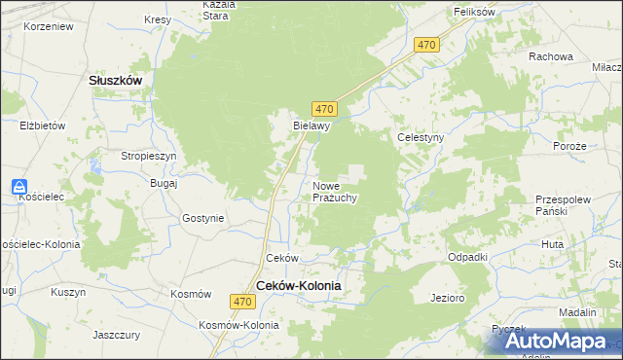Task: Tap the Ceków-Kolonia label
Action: click(x=299, y=285)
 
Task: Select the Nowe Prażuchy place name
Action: click(x=336, y=191)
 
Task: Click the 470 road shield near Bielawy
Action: click(x=325, y=109)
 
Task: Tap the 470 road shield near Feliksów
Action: click(x=426, y=46)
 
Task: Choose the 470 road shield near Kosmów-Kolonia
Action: click(x=243, y=304)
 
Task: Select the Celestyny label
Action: click(x=421, y=138)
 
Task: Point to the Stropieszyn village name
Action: click(x=148, y=156)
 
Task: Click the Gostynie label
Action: click(x=202, y=218)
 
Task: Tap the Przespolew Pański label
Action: click(x=564, y=203)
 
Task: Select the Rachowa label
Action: click(x=550, y=56)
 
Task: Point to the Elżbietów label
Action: click(x=42, y=126)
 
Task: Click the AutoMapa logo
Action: click(x=553, y=341)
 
